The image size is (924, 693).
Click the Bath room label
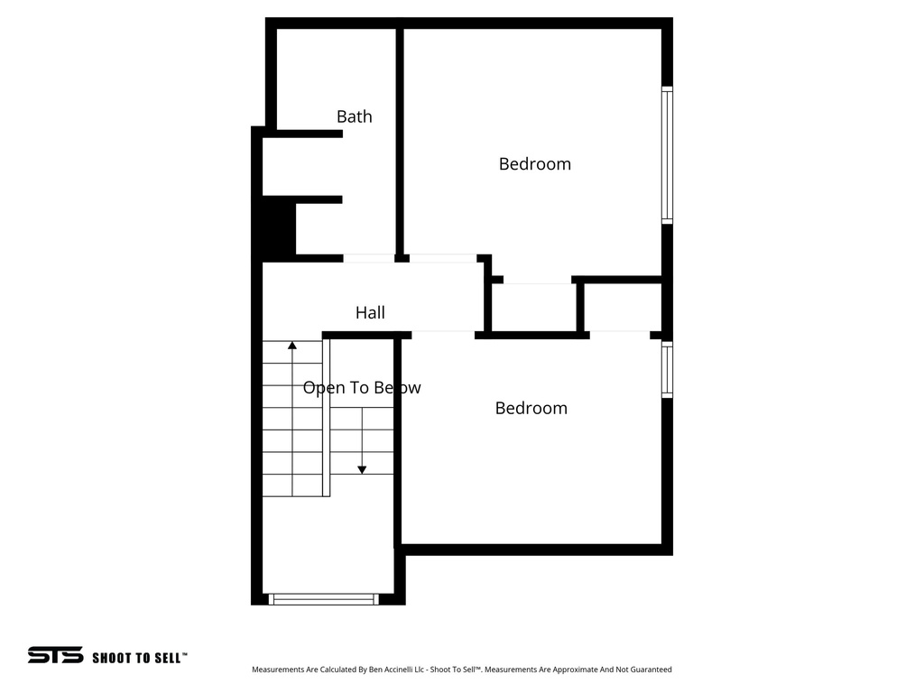pos(354,116)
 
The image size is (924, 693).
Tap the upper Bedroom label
pos(534,164)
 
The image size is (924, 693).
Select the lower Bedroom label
pos(531,408)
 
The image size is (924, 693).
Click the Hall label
pos(370,313)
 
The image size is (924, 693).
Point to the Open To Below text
pos(361,388)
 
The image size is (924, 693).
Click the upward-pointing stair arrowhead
pos(292,345)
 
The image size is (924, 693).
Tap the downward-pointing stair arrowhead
pos(362,468)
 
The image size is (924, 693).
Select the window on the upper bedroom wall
pos(667,154)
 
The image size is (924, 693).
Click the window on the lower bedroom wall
pos(667,369)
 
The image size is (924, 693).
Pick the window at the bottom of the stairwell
pos(324,598)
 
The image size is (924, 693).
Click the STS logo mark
pos(55,656)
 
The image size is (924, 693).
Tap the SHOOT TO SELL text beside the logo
pos(139,658)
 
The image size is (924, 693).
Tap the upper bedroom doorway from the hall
pos(443,259)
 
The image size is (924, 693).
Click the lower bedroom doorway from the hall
pos(443,335)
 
